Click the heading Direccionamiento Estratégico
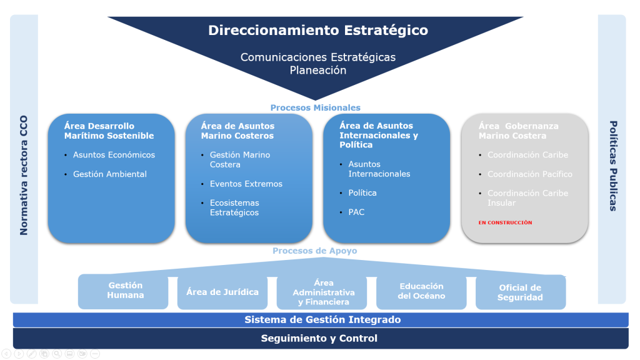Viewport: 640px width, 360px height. coord(318,30)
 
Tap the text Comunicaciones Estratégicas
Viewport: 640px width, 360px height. coord(318,57)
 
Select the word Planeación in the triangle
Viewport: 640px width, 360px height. coord(318,71)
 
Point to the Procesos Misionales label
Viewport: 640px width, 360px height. coord(315,107)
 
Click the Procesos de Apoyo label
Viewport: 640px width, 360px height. coord(314,251)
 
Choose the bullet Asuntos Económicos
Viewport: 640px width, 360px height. coord(114,155)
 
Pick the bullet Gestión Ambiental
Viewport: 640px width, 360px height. coord(110,174)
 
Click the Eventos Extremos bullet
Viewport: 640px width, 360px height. coord(246,184)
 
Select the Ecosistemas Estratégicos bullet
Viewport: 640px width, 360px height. coord(234,207)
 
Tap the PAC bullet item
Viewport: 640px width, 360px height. coord(356,212)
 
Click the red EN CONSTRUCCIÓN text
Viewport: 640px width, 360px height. coord(505,222)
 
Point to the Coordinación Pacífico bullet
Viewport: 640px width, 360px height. coord(529,174)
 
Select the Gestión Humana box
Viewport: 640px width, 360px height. coord(125,291)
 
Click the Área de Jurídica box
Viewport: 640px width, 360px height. coord(222,291)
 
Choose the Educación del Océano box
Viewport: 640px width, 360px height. coord(421,291)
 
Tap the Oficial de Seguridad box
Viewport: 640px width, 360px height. coord(520,292)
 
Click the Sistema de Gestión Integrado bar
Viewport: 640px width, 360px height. coord(322,319)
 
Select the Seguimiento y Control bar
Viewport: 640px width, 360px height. coord(319,338)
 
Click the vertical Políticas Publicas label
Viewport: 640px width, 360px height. coord(612,166)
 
